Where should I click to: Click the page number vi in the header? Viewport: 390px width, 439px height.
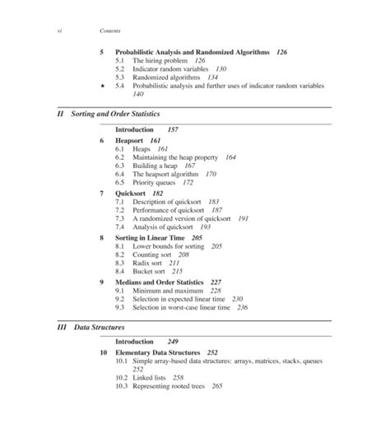pyautogui.click(x=60, y=30)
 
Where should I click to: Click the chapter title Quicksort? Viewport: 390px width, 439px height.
pyautogui.click(x=132, y=193)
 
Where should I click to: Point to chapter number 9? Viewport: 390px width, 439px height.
pyautogui.click(x=101, y=282)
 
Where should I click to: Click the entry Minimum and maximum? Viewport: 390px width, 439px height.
pyautogui.click(x=169, y=290)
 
